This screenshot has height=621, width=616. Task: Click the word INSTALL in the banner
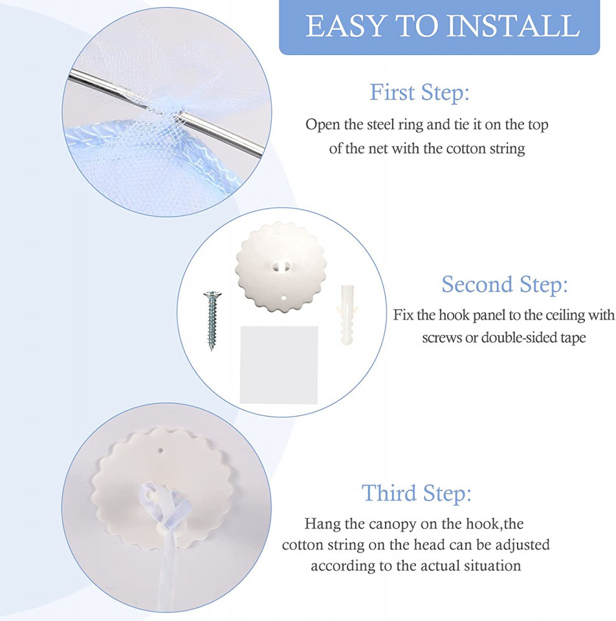pos(513,26)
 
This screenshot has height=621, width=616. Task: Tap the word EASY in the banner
pos(346,26)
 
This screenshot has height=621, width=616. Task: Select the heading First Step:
pos(419,93)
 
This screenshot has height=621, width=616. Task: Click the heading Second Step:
pos(505,285)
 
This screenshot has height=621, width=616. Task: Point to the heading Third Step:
pos(416,493)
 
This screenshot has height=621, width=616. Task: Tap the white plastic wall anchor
pos(346,315)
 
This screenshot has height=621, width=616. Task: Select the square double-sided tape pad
pos(279,365)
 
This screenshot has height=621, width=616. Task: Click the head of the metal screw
pos(212,295)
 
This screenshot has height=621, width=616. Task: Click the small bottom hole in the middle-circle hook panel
pos(284,297)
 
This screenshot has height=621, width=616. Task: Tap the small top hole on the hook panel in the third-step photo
pos(161,450)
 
